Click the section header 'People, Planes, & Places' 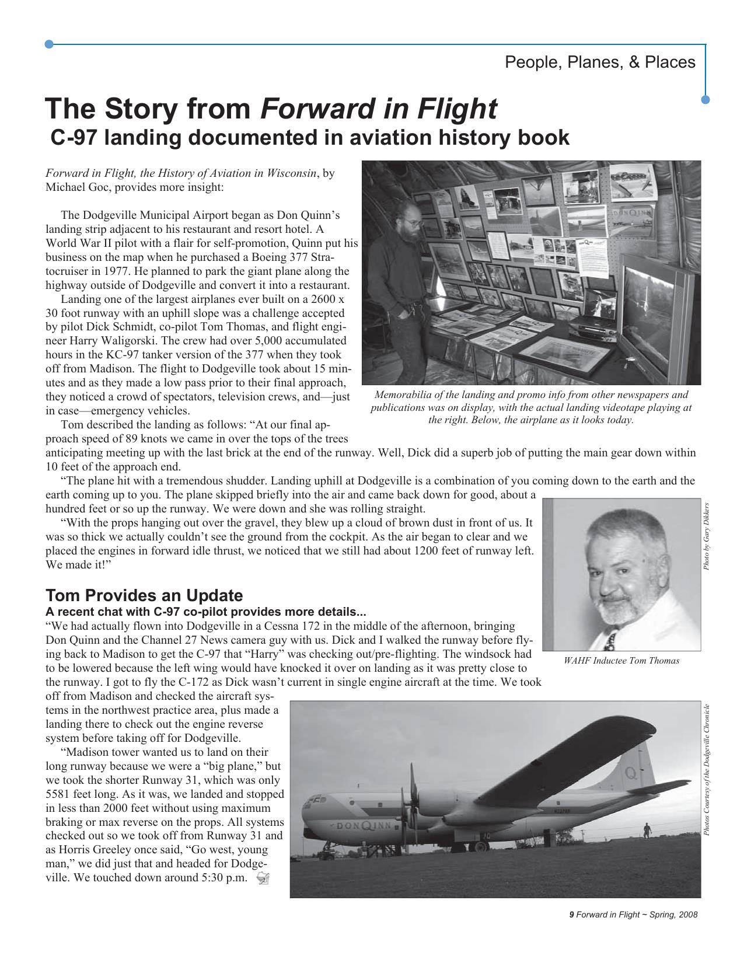pyautogui.click(x=599, y=62)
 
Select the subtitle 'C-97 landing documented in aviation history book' pyautogui.click(x=309, y=138)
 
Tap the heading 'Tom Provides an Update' pyautogui.click(x=144, y=595)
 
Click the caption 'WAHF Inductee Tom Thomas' pyautogui.click(x=621, y=661)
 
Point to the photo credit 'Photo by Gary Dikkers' pyautogui.click(x=706, y=536)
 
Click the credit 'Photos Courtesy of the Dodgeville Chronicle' pyautogui.click(x=706, y=770)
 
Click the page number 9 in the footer pyautogui.click(x=571, y=915)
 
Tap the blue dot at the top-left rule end pyautogui.click(x=49, y=44)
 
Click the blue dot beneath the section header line pyautogui.click(x=705, y=100)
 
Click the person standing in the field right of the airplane pyautogui.click(x=646, y=829)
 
